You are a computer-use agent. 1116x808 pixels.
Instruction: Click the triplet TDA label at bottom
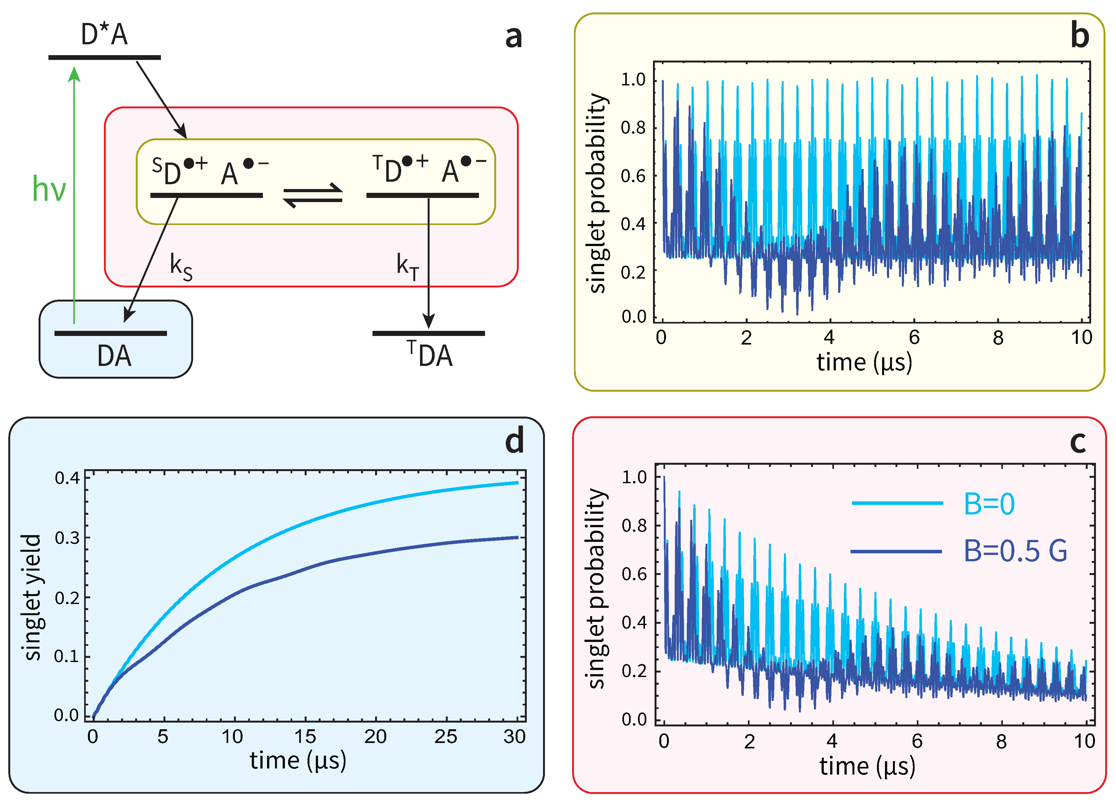(430, 354)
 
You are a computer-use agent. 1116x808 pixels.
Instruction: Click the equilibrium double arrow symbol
(313, 195)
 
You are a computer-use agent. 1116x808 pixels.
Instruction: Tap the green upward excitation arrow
(74, 197)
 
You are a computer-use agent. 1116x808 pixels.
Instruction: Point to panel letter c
(1078, 441)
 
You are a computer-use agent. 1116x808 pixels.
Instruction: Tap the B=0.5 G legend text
(1015, 551)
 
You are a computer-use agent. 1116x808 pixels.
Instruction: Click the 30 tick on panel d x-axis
(515, 737)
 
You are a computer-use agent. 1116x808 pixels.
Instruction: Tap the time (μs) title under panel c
(867, 766)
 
